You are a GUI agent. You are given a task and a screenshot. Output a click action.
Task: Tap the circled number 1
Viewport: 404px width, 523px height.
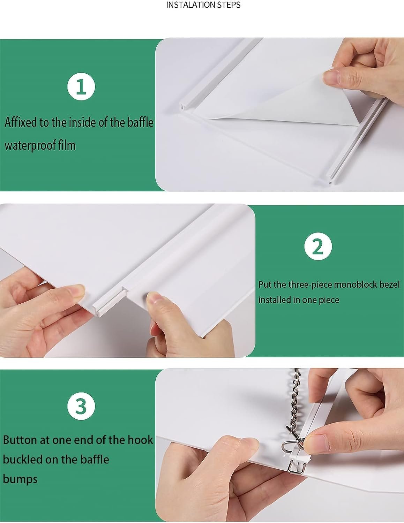click(x=81, y=86)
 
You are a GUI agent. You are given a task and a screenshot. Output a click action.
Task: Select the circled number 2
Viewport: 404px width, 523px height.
click(x=318, y=247)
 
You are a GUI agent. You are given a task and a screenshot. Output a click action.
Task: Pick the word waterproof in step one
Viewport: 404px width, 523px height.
click(x=30, y=146)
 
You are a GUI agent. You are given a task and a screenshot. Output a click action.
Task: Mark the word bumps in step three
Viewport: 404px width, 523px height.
click(x=20, y=479)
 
